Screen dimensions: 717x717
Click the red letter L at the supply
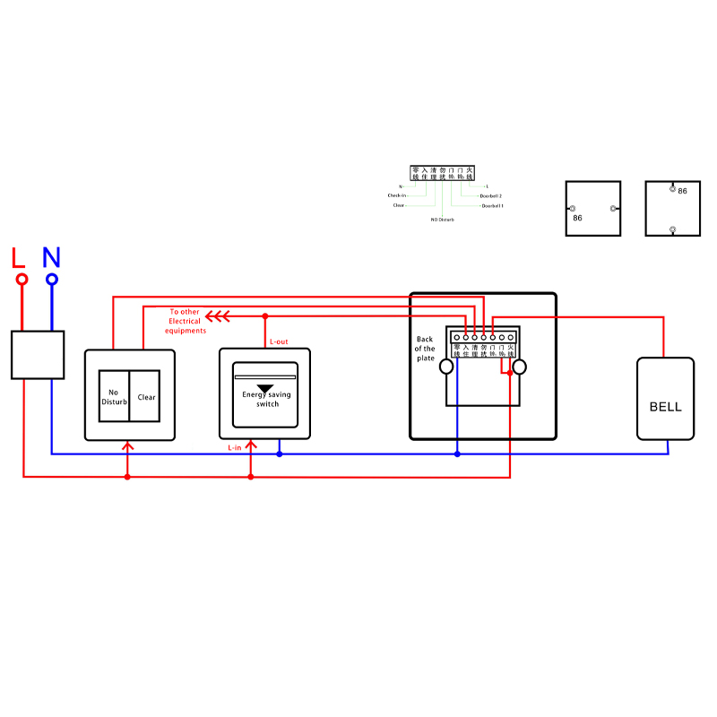pyautogui.click(x=19, y=257)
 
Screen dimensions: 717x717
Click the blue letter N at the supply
pyautogui.click(x=51, y=257)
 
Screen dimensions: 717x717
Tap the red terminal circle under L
pyautogui.click(x=22, y=279)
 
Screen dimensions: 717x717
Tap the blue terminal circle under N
pyautogui.click(x=52, y=279)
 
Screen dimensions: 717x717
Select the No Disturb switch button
pyautogui.click(x=114, y=397)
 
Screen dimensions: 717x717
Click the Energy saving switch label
pyautogui.click(x=265, y=399)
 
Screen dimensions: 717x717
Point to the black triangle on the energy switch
pyautogui.click(x=265, y=388)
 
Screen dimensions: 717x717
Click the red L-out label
pyautogui.click(x=279, y=341)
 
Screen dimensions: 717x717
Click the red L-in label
pyautogui.click(x=235, y=446)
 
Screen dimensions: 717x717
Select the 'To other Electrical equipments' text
pyautogui.click(x=185, y=321)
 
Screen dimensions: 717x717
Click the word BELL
pyautogui.click(x=665, y=407)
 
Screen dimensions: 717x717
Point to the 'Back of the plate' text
pyautogui.click(x=425, y=349)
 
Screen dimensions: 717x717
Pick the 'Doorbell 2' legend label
pyautogui.click(x=490, y=195)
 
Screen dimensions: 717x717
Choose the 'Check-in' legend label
pyautogui.click(x=396, y=195)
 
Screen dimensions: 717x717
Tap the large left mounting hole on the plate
pyautogui.click(x=445, y=367)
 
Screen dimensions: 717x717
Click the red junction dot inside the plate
pyautogui.click(x=509, y=373)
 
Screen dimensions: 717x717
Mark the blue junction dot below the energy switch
pyautogui.click(x=280, y=454)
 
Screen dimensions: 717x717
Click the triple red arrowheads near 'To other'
pyautogui.click(x=218, y=315)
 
